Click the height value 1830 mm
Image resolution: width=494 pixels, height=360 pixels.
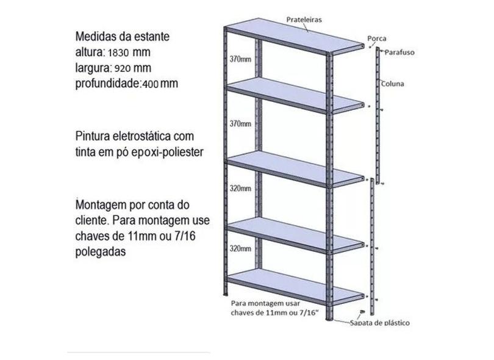click(x=132, y=52)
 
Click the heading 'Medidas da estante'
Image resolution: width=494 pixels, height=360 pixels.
click(x=123, y=36)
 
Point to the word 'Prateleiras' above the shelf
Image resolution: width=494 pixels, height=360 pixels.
click(x=304, y=20)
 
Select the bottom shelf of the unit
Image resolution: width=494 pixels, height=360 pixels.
click(x=293, y=286)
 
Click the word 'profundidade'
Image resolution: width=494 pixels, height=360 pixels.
click(x=107, y=83)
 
